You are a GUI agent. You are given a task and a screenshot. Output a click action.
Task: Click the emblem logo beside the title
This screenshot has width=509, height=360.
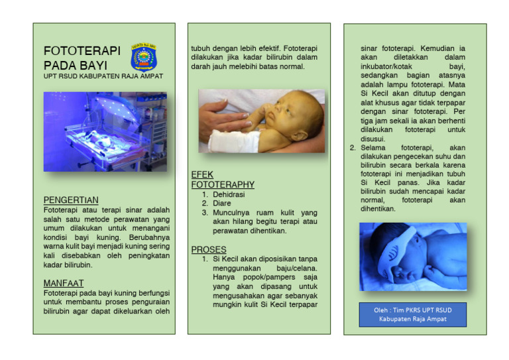[144, 57]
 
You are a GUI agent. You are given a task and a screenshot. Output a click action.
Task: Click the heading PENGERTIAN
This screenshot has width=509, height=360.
[71, 200]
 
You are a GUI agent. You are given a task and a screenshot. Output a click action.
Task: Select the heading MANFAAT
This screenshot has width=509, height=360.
[64, 282]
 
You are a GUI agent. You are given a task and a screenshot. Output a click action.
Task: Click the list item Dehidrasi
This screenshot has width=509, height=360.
[229, 195]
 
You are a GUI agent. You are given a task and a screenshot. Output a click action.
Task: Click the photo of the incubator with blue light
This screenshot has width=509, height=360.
[105, 133]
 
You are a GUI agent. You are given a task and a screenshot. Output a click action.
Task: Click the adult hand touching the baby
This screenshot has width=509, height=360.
[225, 117]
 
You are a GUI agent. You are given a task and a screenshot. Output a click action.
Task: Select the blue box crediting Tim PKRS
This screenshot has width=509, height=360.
[413, 314]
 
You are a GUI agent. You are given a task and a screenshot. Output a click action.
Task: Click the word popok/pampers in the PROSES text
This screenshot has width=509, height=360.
[274, 277]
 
